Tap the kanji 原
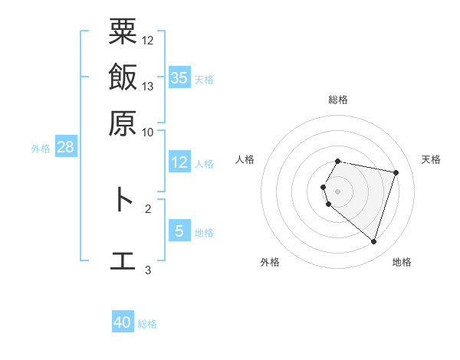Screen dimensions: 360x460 pos(123,123)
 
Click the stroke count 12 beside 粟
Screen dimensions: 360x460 pos(148,40)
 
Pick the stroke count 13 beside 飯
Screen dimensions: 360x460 pos(148,86)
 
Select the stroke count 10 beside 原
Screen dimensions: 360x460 pos(148,131)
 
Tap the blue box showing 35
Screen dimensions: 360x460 pos(179,77)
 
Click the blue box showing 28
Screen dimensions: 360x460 pos(65,148)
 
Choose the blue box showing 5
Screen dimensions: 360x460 pos(179,231)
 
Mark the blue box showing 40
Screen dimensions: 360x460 pos(123,322)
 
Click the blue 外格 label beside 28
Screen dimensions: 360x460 pos(40,149)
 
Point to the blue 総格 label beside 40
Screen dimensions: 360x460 pos(147,324)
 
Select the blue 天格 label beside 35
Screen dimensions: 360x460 pos(204,80)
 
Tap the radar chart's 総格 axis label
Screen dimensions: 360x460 pos(338,100)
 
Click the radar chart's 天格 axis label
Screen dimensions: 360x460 pos(431,159)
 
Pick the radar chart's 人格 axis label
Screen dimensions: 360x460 pos(245,159)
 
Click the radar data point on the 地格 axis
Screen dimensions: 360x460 pos(373,242)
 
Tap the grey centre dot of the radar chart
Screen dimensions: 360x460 pos(338,191)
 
